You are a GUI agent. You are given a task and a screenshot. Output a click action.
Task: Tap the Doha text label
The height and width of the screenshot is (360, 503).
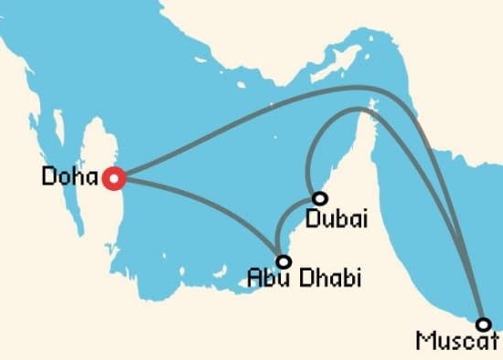[70, 176]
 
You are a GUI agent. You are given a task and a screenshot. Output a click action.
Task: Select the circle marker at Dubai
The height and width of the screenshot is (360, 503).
[319, 198]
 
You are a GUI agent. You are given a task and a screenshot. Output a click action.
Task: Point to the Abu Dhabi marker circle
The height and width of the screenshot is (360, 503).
[284, 261]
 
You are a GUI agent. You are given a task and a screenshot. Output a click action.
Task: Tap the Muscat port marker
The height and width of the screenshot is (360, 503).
[483, 323]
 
